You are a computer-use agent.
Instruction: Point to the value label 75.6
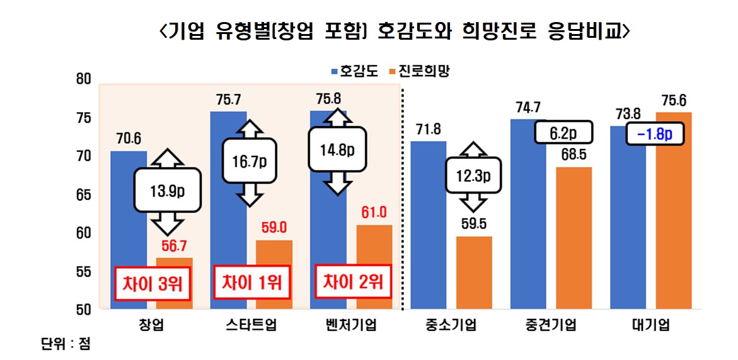[x=674, y=100]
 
